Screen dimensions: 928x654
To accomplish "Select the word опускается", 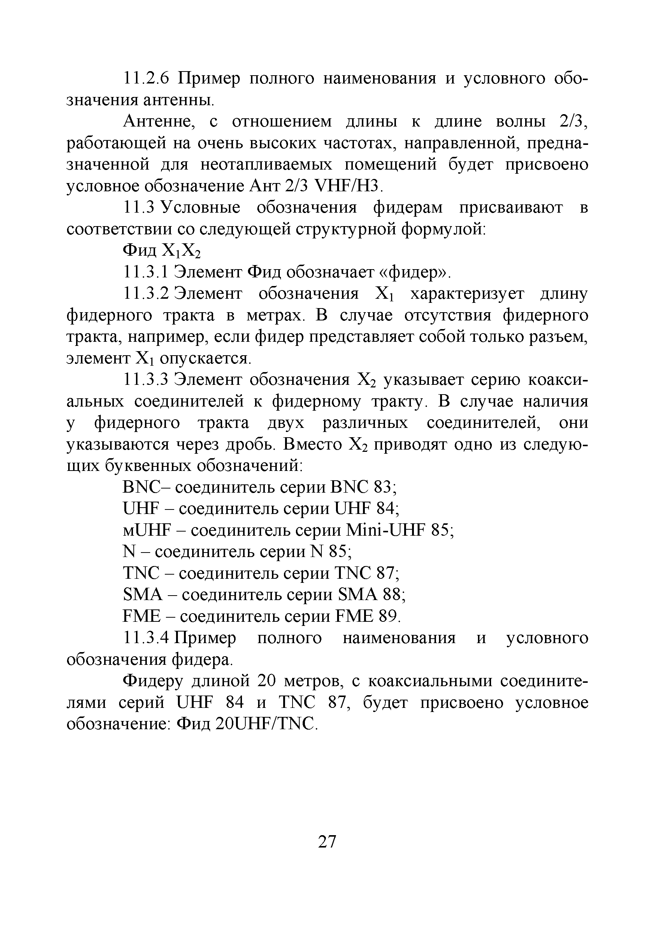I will click(205, 359).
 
